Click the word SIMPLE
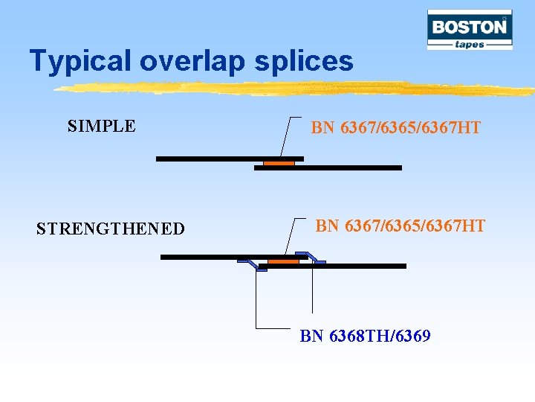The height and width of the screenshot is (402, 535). (x=101, y=126)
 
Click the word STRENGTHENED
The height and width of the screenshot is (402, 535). (x=111, y=229)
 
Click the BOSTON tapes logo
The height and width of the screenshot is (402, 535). (x=470, y=30)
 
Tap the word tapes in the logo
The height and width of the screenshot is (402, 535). (x=470, y=44)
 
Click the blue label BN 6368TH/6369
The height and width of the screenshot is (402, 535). (x=365, y=336)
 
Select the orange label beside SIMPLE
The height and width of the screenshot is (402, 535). (x=395, y=128)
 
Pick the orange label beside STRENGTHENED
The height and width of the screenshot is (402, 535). (x=400, y=225)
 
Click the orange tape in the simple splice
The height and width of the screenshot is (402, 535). (x=279, y=163)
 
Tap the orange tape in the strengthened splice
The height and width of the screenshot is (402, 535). (x=283, y=261)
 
